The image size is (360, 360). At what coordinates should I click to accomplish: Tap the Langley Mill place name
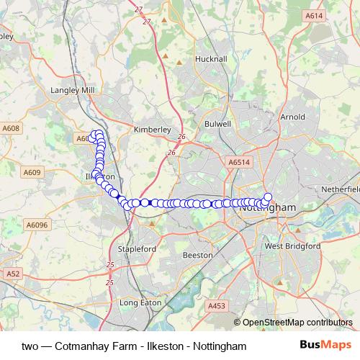click(73, 90)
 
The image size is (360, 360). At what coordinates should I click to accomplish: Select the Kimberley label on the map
click(152, 130)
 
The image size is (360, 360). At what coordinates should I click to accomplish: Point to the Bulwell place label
click(217, 124)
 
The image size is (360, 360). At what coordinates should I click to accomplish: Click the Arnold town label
click(292, 116)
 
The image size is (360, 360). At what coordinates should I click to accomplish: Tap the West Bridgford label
click(292, 246)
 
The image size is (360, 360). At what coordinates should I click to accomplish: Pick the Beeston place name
click(198, 255)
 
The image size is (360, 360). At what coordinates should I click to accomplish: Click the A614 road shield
click(313, 15)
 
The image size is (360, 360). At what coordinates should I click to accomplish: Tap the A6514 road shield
click(239, 163)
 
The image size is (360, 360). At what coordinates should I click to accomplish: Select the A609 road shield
click(32, 172)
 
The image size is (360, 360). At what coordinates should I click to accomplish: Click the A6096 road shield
click(37, 225)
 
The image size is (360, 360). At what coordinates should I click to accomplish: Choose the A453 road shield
click(217, 306)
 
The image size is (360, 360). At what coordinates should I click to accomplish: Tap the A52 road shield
click(13, 274)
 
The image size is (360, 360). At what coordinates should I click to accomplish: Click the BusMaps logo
click(325, 345)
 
